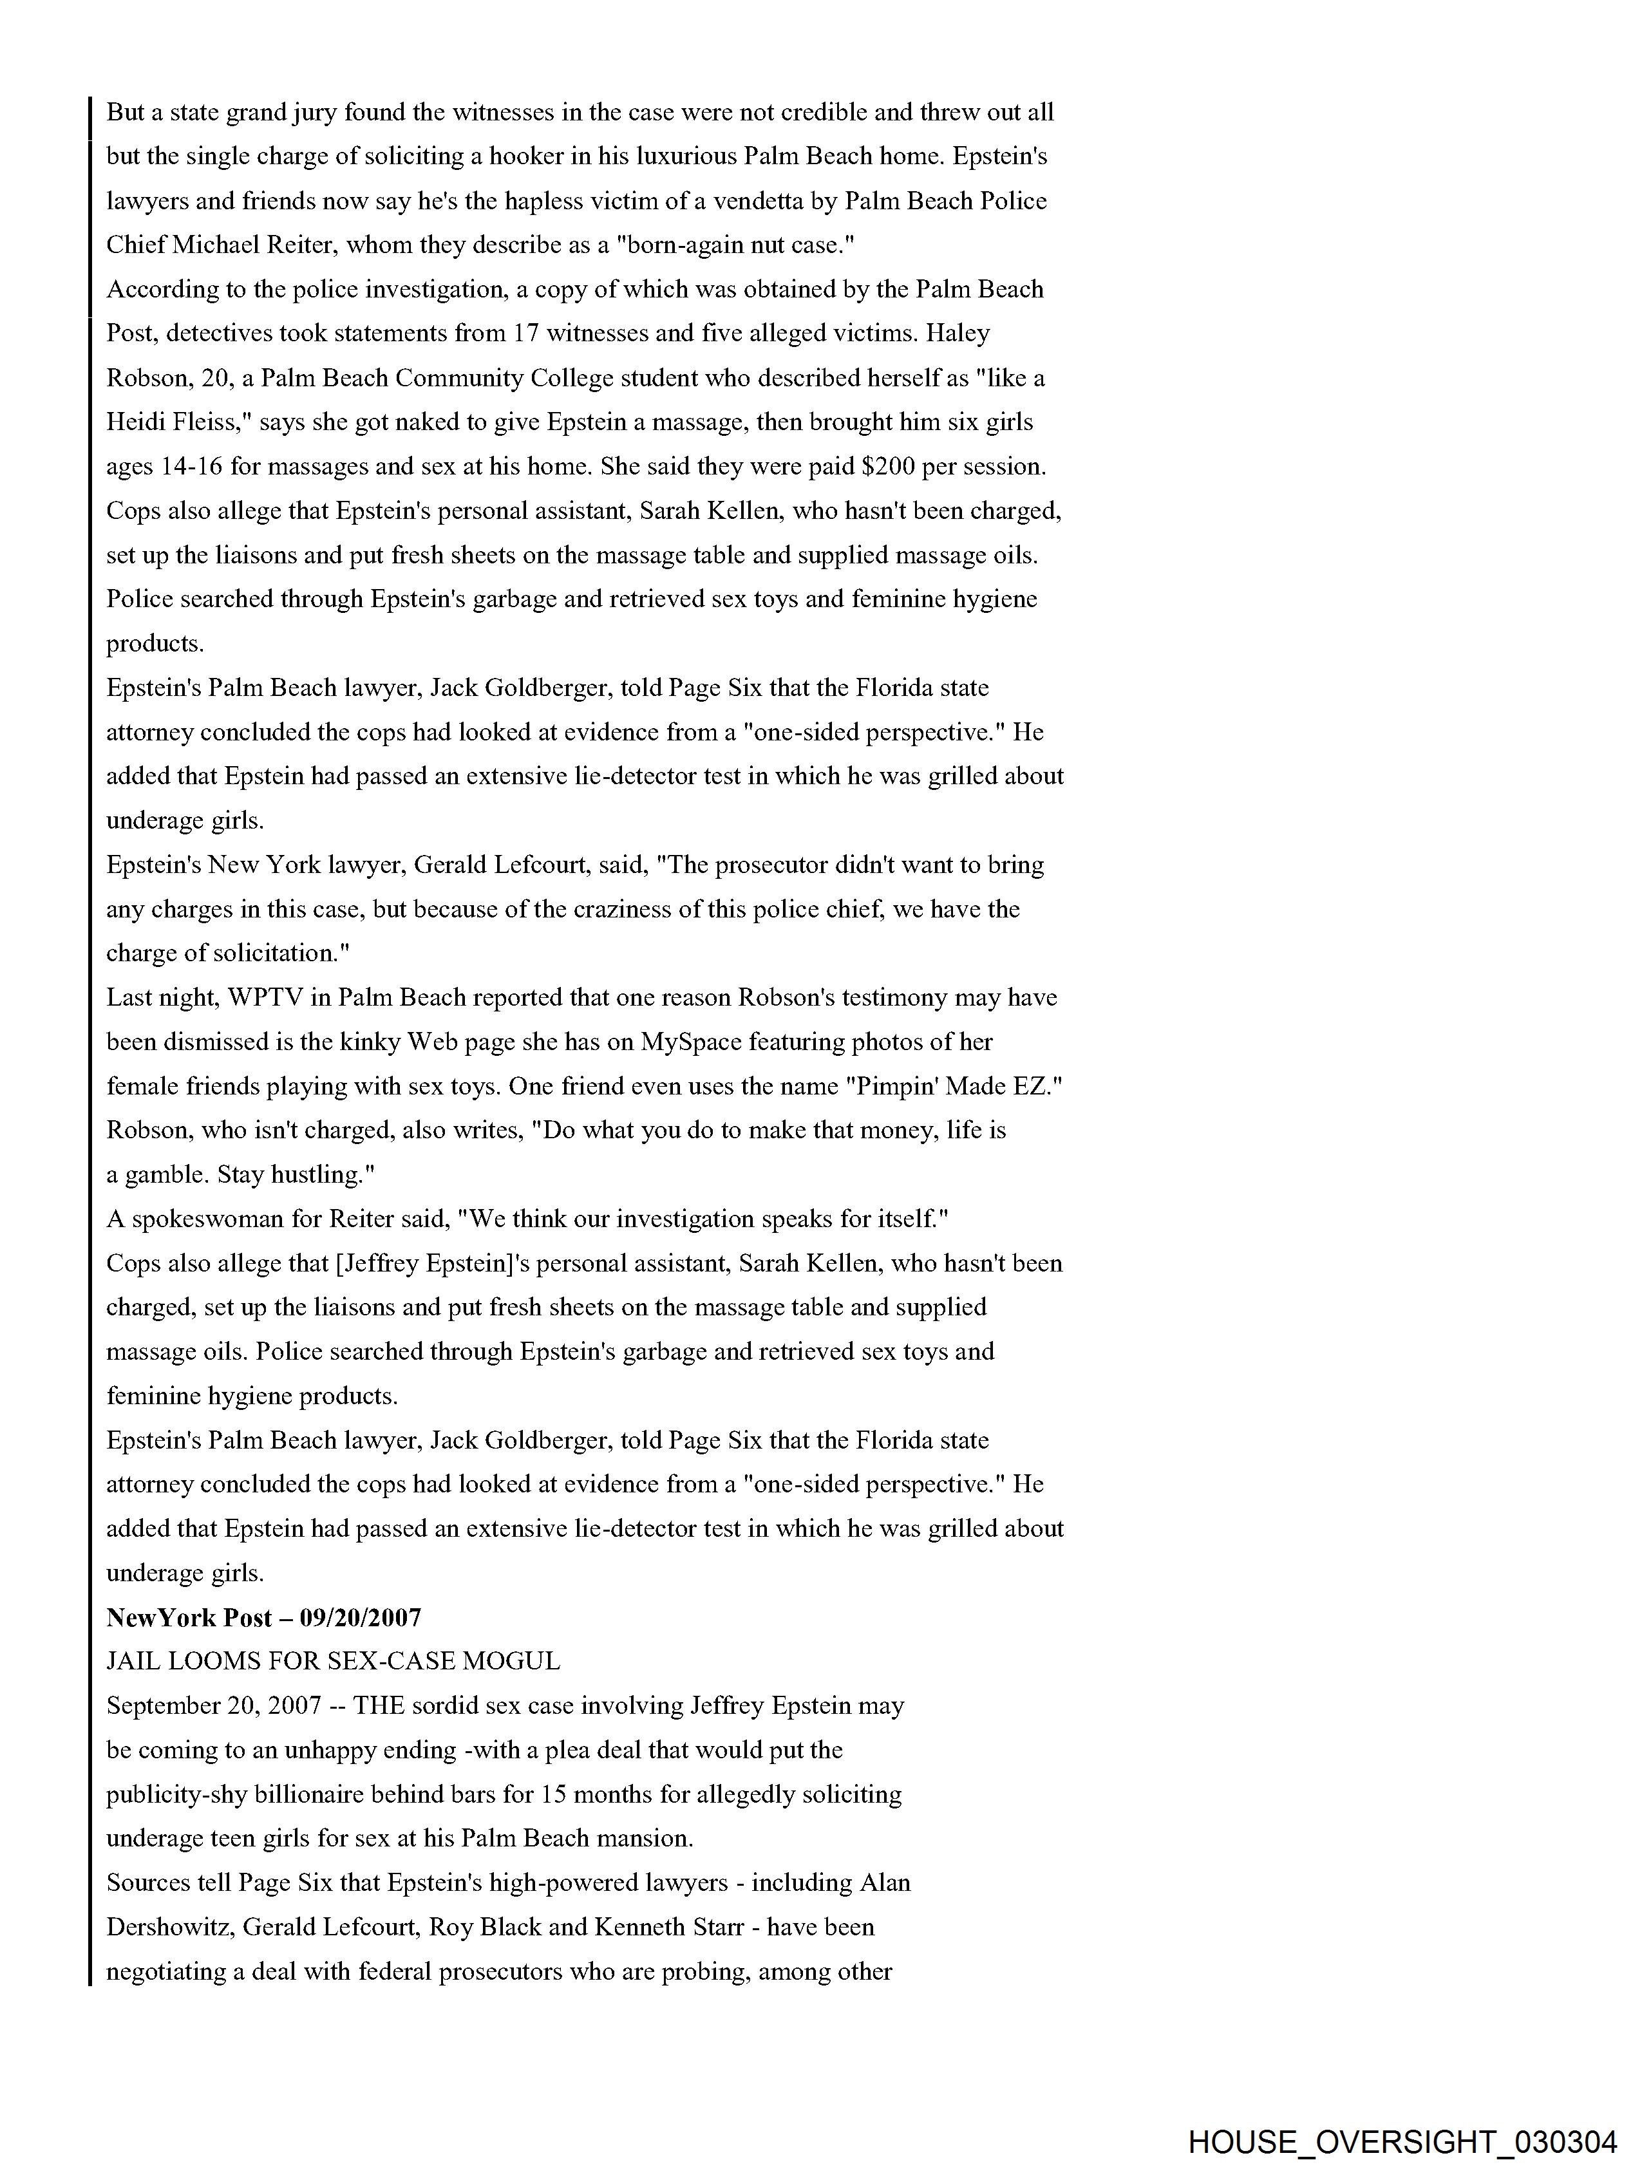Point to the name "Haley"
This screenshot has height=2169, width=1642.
tap(958, 333)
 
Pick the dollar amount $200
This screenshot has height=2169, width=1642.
tap(888, 467)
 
